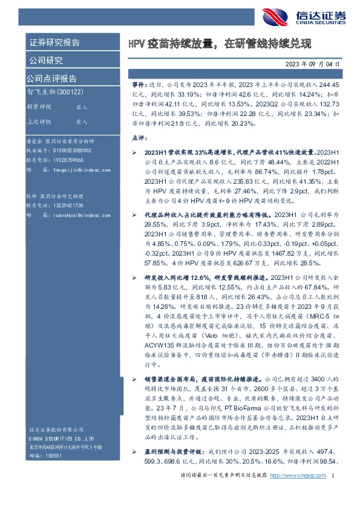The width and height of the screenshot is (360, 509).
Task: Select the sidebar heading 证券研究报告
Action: click(x=54, y=42)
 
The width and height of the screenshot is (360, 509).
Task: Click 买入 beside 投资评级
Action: click(x=81, y=107)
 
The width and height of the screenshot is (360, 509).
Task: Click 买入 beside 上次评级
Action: click(x=81, y=121)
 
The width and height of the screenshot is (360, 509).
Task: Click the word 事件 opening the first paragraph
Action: click(x=138, y=86)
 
